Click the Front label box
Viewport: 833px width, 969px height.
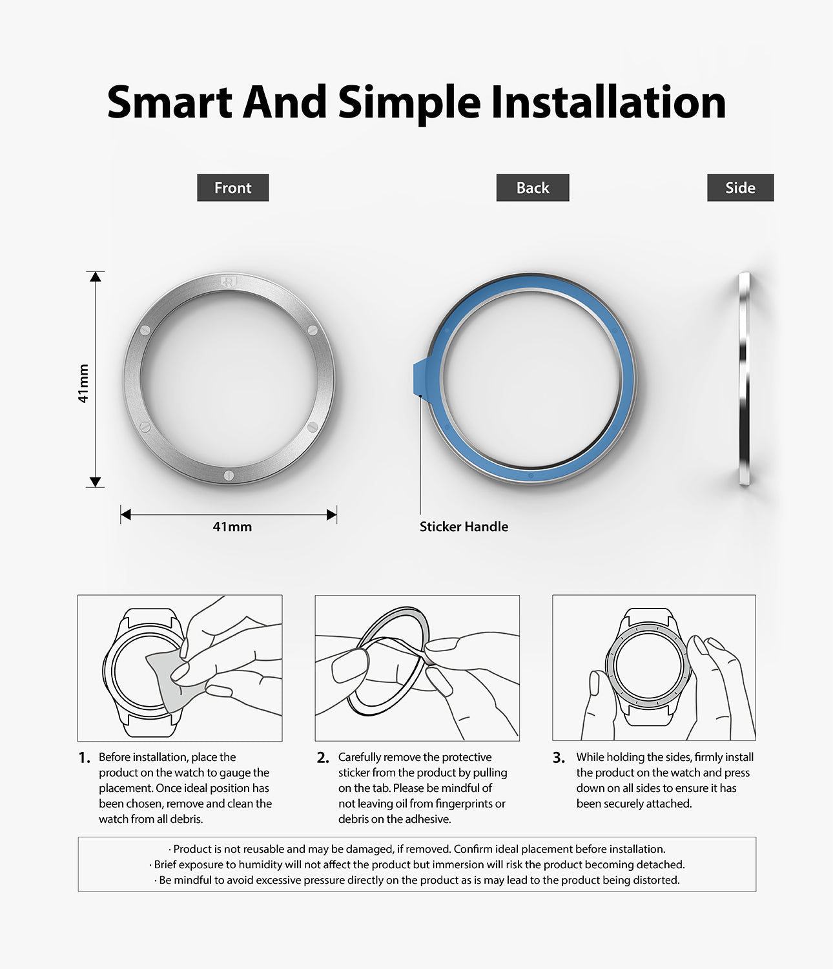pyautogui.click(x=232, y=188)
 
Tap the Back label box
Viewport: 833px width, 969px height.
pyautogui.click(x=533, y=188)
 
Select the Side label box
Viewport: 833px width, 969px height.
pyautogui.click(x=740, y=188)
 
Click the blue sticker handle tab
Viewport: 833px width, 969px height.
pyautogui.click(x=418, y=377)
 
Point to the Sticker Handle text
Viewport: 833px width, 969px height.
pyautogui.click(x=464, y=526)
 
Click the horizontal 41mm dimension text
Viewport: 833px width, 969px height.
pyautogui.click(x=232, y=526)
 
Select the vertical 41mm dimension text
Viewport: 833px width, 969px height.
pyautogui.click(x=83, y=384)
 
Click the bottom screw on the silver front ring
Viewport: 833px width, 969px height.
pyautogui.click(x=229, y=476)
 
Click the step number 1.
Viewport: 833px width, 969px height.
pyautogui.click(x=85, y=758)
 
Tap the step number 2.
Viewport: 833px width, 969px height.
pyautogui.click(x=323, y=758)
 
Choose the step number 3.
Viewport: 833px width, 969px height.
pyautogui.click(x=559, y=758)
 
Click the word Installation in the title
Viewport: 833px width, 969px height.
pyautogui.click(x=608, y=103)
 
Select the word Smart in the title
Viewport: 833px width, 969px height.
pyautogui.click(x=169, y=103)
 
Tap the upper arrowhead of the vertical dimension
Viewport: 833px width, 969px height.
pyautogui.click(x=96, y=276)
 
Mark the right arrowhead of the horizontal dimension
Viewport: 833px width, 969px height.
pyautogui.click(x=332, y=515)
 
